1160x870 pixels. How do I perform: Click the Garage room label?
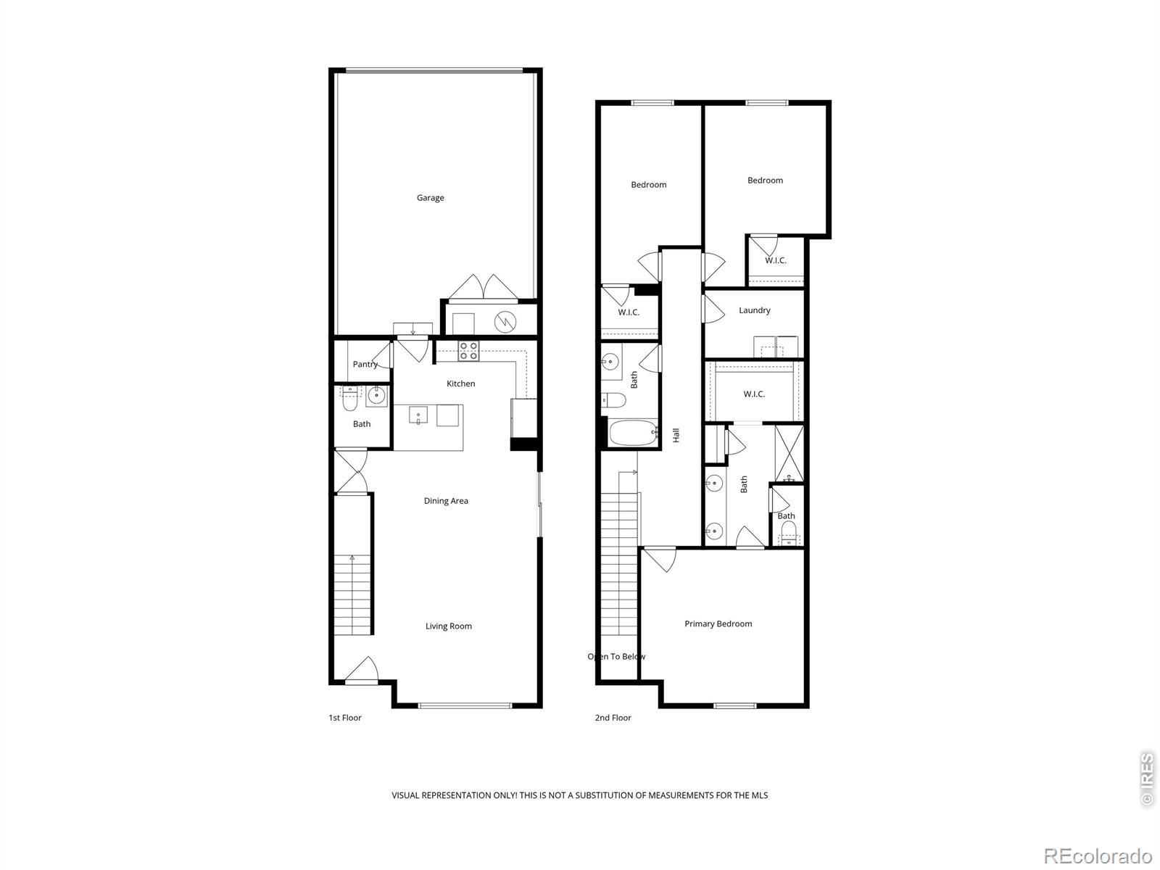coord(430,198)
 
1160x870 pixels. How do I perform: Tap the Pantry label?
coord(365,365)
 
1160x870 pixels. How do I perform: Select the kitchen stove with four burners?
coord(468,351)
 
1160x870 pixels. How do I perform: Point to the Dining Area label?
coord(446,501)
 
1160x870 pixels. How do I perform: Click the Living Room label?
coord(448,626)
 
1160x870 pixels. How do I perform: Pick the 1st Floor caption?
coord(344,718)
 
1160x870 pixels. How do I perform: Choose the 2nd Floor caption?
coord(613,718)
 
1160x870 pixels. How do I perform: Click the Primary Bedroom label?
coord(718,624)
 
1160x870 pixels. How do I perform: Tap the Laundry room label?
coord(754,310)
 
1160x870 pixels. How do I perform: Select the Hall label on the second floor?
coord(676,435)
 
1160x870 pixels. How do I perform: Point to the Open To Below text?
coord(616,657)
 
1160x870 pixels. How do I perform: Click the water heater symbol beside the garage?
coord(505,320)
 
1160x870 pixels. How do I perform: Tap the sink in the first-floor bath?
coord(376,396)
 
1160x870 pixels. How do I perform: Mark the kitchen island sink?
coord(418,415)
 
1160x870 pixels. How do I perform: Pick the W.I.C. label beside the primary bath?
coord(754,394)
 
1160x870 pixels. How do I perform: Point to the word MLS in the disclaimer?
coord(758,795)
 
